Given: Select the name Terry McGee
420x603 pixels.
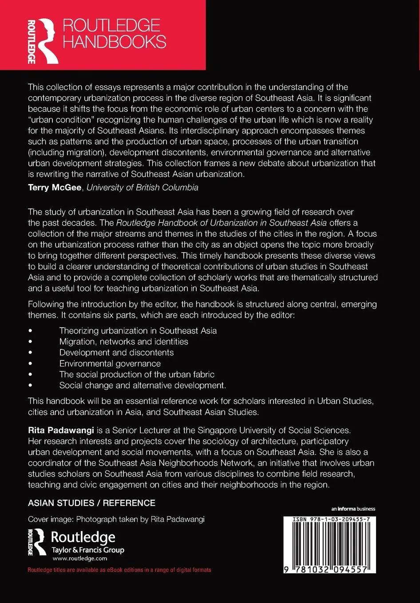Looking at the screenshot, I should (55, 188).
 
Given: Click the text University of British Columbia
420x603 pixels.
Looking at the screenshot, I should (143, 188).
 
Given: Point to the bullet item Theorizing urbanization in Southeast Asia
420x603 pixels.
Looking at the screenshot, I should (138, 331).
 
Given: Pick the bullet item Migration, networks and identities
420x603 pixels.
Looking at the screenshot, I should (124, 342).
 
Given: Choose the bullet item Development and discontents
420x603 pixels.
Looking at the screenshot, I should (117, 352).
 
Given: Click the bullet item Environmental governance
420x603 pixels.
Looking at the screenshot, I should (110, 364).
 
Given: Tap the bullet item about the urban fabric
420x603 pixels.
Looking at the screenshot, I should (137, 375).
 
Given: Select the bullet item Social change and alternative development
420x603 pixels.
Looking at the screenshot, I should (143, 385).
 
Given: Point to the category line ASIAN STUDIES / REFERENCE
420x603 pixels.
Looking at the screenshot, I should (91, 503).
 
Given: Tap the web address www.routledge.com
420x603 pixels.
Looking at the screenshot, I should (80, 559).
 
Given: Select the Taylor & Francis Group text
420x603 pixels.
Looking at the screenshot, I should (88, 550).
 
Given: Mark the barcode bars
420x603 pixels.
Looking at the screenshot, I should (330, 543).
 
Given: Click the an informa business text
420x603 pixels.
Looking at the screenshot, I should (353, 509).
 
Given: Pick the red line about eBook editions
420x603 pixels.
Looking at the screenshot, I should (119, 570).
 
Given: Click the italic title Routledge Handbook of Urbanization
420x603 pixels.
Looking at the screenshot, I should (222, 223).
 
